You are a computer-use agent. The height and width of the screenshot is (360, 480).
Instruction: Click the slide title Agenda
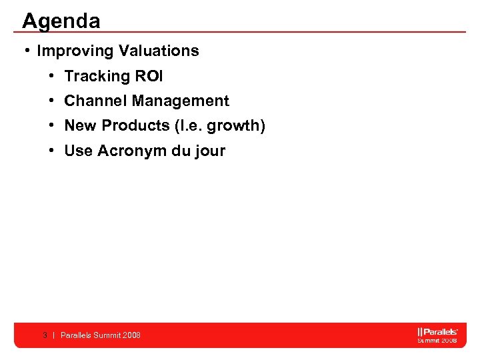point(61,21)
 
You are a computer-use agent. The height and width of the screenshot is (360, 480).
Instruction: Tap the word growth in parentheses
point(235,125)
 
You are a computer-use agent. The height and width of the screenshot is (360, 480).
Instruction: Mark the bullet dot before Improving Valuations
point(25,51)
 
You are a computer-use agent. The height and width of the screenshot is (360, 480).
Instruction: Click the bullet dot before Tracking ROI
point(52,76)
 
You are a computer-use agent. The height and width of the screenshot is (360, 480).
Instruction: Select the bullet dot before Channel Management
point(52,101)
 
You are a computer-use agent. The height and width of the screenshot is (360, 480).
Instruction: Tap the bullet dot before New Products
point(52,125)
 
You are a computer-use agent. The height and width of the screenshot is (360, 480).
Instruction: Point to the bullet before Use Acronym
point(52,151)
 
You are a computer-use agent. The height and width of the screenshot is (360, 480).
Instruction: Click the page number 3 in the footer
point(45,335)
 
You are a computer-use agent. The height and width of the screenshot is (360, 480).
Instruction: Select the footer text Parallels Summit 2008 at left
point(101,335)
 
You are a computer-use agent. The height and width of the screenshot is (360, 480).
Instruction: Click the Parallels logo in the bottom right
point(437,335)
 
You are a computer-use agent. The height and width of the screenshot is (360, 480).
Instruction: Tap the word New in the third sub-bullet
point(80,125)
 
